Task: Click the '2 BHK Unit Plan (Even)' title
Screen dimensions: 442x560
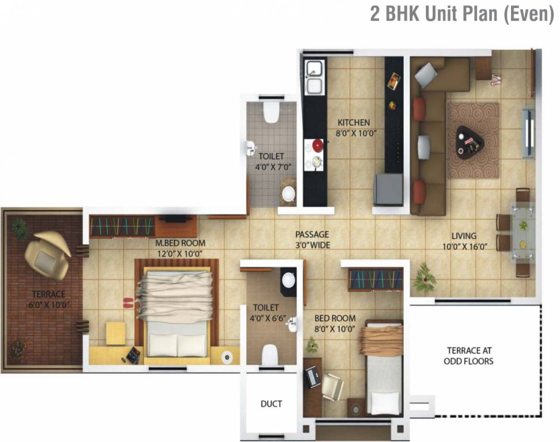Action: pos(461,14)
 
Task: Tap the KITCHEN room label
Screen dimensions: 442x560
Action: pos(354,127)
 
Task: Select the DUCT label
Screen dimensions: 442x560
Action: pos(271,404)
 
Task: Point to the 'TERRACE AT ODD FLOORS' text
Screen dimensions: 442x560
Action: pos(469,356)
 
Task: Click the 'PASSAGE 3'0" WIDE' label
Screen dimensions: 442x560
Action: pos(312,239)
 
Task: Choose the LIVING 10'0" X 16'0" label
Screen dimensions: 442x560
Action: pos(463,241)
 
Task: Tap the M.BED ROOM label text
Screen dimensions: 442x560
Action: pos(180,248)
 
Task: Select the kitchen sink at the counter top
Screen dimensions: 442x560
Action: pos(315,78)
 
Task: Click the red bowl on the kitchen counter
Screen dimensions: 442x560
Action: pos(316,144)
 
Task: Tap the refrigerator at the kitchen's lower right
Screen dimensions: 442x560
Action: pos(388,188)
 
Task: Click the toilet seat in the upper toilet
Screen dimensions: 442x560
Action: pos(270,112)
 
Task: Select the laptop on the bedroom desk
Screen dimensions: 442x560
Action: pos(313,376)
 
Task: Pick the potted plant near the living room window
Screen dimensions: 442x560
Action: pos(423,277)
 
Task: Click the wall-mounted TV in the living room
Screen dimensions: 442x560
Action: pos(528,132)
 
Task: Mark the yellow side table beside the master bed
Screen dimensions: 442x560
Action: pos(115,333)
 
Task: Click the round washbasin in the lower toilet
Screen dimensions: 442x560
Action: pos(288,280)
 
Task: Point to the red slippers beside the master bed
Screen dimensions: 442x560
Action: pos(130,300)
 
